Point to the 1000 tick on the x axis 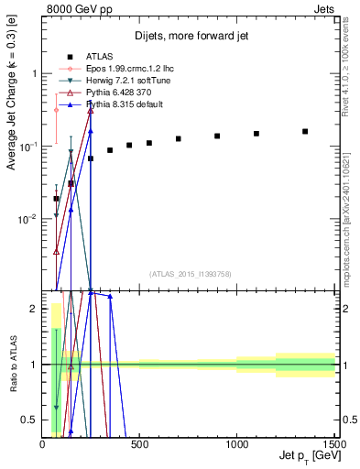point(237,444)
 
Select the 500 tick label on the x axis point(140,444)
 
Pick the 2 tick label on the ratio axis point(34,309)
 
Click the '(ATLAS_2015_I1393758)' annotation point(190,274)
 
